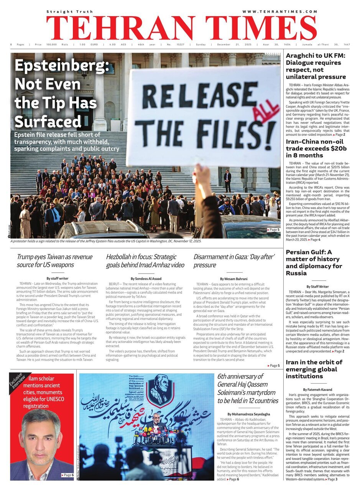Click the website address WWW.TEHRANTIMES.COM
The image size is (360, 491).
point(279,12)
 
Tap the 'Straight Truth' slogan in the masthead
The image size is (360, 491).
point(64,12)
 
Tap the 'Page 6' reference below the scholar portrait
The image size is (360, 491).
point(67,475)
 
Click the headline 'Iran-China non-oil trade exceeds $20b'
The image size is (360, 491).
point(316,148)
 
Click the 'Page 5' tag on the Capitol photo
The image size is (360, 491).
point(273,230)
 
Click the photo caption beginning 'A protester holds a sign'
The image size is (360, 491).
point(105,241)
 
